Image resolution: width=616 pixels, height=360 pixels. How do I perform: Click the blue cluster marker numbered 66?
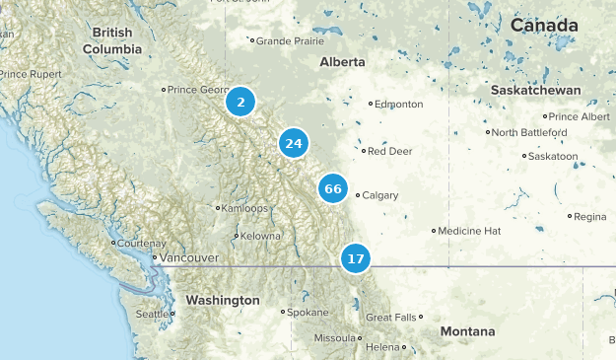tap(333, 188)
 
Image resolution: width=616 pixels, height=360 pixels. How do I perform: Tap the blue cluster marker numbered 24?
tap(293, 144)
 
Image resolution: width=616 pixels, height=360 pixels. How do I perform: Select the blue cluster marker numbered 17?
tap(356, 259)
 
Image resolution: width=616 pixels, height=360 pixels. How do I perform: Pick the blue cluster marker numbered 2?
tap(240, 101)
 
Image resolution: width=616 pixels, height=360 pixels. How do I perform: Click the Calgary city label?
tap(379, 195)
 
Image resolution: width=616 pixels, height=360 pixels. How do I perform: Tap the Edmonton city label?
tap(399, 104)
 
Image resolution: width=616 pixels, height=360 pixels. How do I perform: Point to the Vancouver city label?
tap(188, 257)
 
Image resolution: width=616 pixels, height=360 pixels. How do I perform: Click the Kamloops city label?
tap(245, 208)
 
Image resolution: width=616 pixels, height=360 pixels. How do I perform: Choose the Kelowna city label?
tap(260, 236)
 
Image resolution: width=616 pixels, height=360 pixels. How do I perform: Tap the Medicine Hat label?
tap(469, 231)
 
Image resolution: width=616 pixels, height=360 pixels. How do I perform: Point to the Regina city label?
tap(590, 216)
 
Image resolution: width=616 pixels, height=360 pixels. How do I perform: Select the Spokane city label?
tap(308, 312)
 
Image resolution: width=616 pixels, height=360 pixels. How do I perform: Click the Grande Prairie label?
tap(289, 41)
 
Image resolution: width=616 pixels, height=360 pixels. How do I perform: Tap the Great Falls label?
tap(391, 318)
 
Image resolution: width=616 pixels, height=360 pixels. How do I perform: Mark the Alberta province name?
tap(343, 62)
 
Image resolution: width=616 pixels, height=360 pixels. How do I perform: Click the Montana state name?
tap(467, 331)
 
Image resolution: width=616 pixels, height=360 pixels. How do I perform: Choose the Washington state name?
tap(223, 300)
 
